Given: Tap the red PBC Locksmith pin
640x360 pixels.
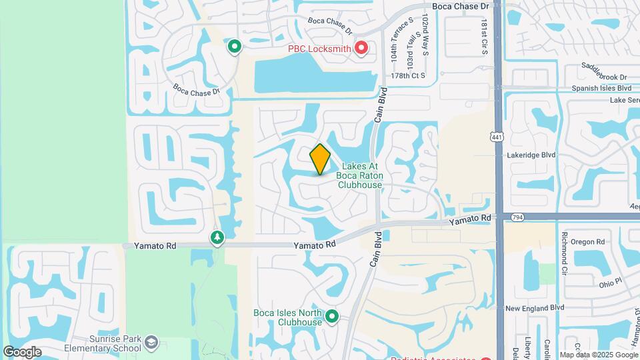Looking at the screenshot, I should click(x=361, y=47).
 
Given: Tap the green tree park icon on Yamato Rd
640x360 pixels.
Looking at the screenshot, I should click(x=217, y=237).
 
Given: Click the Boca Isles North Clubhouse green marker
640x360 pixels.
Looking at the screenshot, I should click(x=332, y=317).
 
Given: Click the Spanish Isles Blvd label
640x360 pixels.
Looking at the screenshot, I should click(x=602, y=88).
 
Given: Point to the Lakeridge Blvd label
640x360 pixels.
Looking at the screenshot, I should click(x=531, y=155).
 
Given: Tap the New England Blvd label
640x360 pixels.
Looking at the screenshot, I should click(x=535, y=308).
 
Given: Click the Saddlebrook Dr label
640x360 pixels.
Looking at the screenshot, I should click(x=604, y=77).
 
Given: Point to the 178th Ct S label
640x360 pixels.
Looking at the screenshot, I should click(x=408, y=76).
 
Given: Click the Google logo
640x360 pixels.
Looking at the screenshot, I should click(x=22, y=352).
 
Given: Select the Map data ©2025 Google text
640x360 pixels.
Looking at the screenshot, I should click(x=598, y=355).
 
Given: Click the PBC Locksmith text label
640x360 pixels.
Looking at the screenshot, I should click(x=319, y=48).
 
